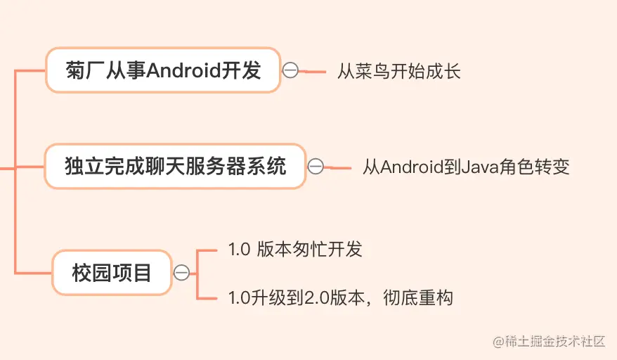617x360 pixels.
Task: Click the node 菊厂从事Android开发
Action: click(x=163, y=70)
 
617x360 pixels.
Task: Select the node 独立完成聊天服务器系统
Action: click(x=175, y=167)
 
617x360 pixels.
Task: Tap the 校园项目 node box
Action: click(x=112, y=272)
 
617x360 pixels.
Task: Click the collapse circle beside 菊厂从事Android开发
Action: click(x=290, y=70)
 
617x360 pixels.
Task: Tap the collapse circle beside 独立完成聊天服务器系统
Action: click(x=316, y=167)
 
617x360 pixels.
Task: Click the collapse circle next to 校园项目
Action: click(x=181, y=273)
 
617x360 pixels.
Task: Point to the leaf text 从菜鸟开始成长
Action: click(x=398, y=71)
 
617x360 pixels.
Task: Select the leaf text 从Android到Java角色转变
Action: click(x=466, y=167)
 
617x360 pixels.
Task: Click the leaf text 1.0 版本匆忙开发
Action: click(x=295, y=249)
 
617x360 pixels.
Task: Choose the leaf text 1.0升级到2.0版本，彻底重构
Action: click(x=340, y=297)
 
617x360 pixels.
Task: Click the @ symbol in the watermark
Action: click(x=499, y=342)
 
